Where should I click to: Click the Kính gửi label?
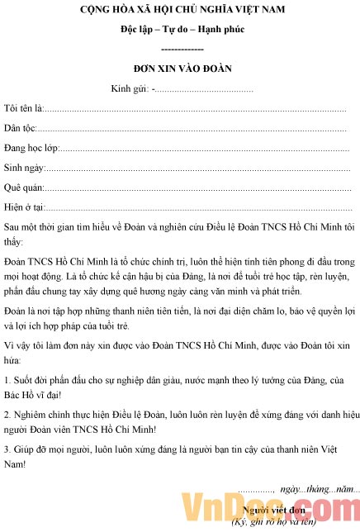coord(129,88)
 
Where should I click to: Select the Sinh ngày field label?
coord(23,168)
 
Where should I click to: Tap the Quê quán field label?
coord(23,188)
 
